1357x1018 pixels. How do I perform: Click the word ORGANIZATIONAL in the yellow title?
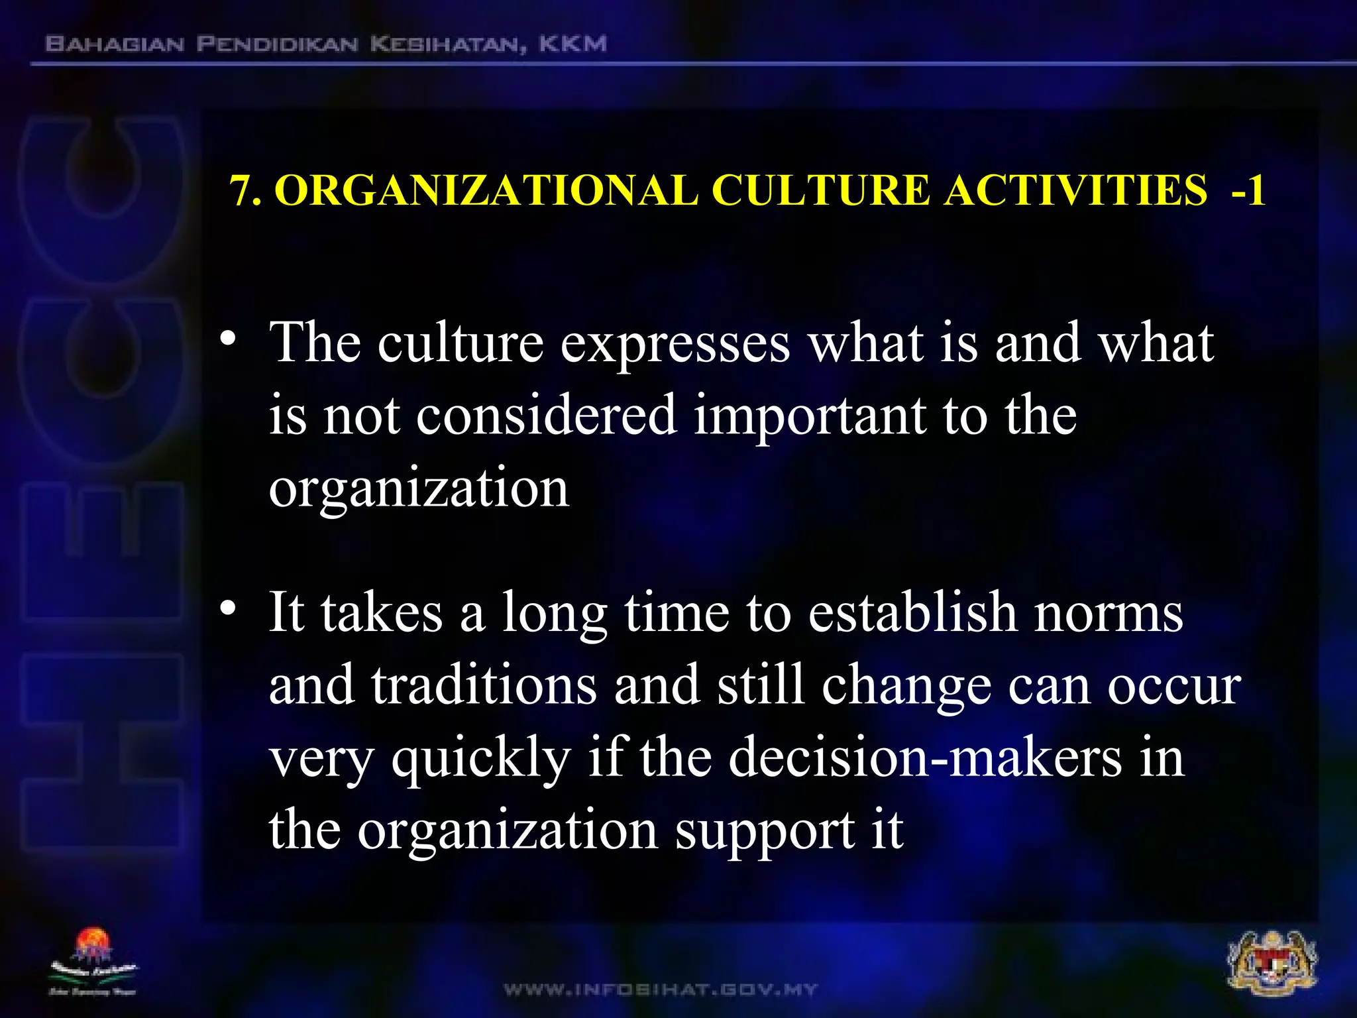tap(486, 191)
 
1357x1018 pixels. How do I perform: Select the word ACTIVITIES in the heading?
tap(1075, 191)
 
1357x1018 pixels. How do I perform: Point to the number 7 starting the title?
tap(241, 191)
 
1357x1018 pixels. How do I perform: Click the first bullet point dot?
tap(228, 339)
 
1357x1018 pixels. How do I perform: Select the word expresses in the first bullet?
tap(675, 344)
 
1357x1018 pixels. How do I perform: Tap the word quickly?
tap(481, 759)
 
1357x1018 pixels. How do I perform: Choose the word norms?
tap(1109, 612)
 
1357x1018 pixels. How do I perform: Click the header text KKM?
tap(572, 44)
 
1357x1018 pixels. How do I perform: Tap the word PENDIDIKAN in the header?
tap(277, 44)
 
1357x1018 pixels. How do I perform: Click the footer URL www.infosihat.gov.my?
tap(661, 990)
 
